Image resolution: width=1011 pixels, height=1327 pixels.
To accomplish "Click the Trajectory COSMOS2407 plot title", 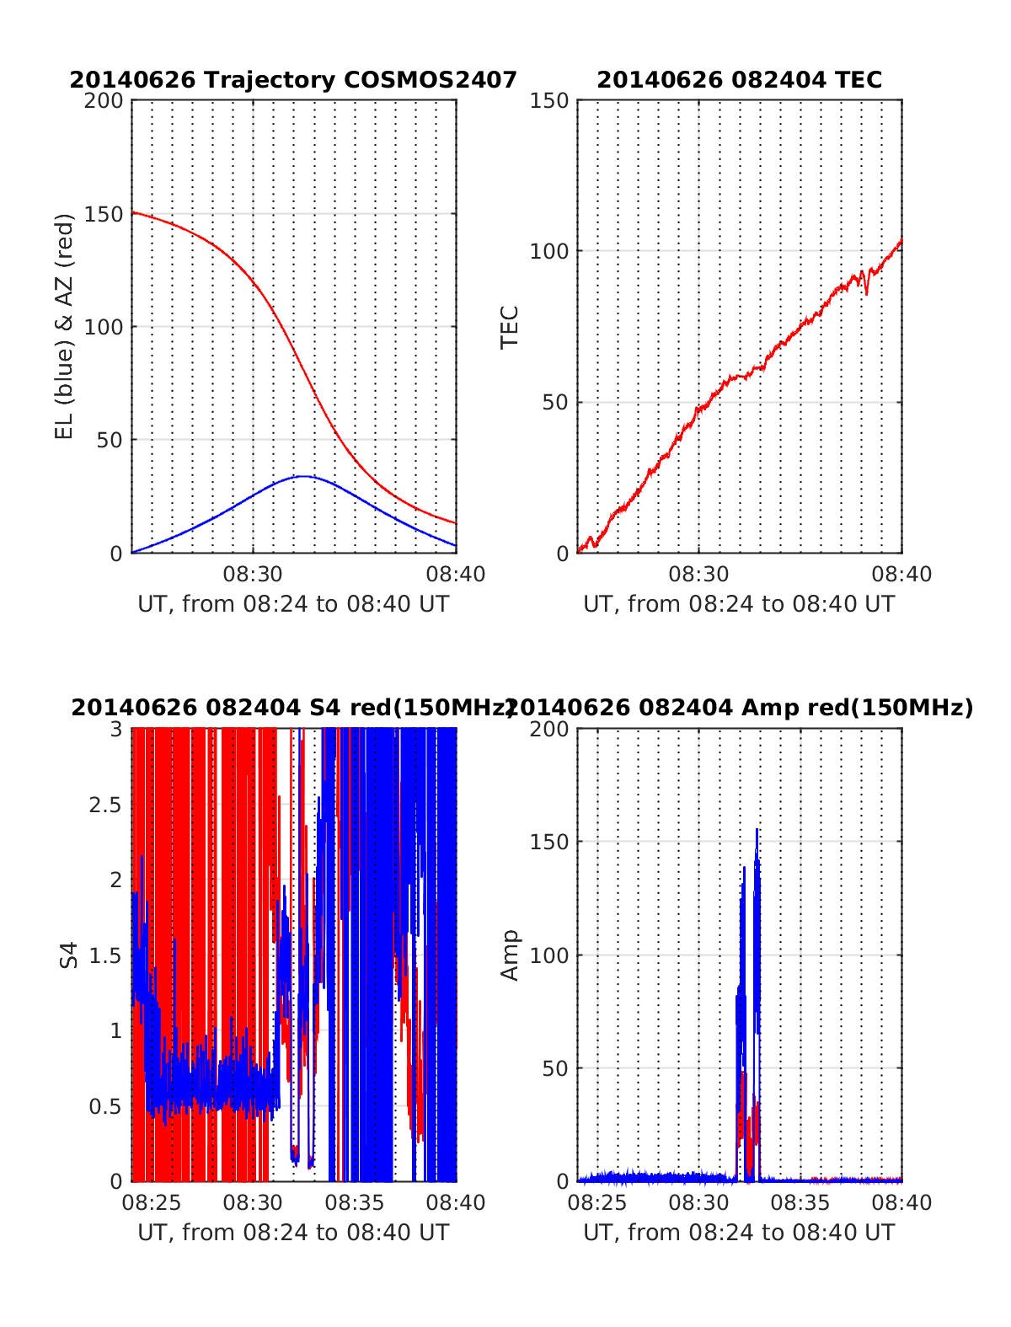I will [293, 80].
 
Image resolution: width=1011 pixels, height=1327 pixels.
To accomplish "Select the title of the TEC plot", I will [739, 80].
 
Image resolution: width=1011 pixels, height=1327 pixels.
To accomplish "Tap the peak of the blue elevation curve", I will [302, 476].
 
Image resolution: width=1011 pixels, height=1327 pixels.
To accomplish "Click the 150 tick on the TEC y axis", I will [549, 101].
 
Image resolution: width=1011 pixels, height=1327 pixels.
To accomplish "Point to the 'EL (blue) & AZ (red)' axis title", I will [65, 326].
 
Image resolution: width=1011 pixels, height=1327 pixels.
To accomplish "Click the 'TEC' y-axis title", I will [510, 327].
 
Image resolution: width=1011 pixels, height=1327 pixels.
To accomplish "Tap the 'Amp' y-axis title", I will [510, 955].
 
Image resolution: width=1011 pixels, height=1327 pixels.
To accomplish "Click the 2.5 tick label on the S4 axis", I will [105, 805].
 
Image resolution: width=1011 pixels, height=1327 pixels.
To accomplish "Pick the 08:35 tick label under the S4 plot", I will [355, 1203].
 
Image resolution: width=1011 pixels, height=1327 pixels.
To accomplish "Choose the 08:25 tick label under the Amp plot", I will [597, 1203].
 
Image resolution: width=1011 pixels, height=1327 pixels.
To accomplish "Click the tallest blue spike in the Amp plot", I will [757, 831].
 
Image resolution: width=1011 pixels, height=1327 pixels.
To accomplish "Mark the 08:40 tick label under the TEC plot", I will [901, 575].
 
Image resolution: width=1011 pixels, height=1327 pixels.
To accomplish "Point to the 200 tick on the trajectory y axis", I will [104, 101].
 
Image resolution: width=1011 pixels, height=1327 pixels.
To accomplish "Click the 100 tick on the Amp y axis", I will [549, 955].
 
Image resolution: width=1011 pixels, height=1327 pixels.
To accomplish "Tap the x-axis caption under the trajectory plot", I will [293, 604].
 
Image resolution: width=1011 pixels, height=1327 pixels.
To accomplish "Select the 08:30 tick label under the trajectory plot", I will [253, 575].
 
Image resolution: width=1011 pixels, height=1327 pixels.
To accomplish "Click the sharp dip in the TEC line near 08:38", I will [866, 292].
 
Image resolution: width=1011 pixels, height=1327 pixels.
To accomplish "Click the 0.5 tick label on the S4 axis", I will [105, 1106].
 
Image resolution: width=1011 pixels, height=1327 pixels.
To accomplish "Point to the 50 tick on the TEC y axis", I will [554, 403].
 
